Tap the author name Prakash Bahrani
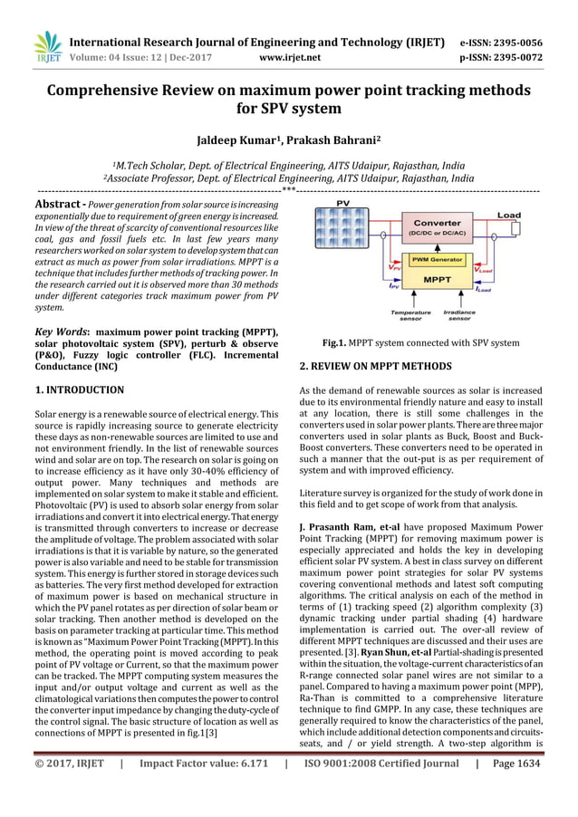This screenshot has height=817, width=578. [336, 141]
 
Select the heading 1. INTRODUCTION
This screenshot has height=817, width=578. [79, 390]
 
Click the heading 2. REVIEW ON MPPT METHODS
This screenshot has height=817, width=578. [375, 367]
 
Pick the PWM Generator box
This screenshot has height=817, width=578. [437, 260]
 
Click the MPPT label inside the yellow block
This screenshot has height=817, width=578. [437, 281]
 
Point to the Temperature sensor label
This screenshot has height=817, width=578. [410, 316]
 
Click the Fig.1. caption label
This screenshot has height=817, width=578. [364, 344]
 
